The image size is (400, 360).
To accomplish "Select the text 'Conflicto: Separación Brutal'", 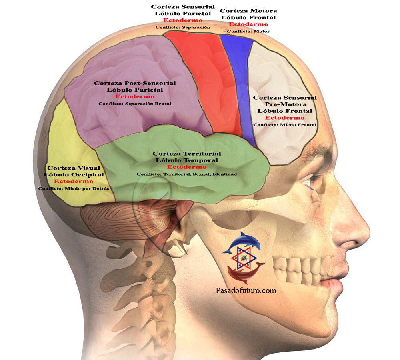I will tap(135, 104).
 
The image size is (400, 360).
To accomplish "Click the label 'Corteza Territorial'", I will tap(187, 154).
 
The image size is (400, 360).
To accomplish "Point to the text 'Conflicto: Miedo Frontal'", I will tap(285, 125).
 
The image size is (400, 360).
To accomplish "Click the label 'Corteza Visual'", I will tap(74, 168).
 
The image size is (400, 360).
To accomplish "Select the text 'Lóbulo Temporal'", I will tap(187, 160).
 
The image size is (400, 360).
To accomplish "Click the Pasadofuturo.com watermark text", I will tap(246, 291).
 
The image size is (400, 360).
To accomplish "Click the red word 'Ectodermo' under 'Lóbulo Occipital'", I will tap(74, 181).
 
